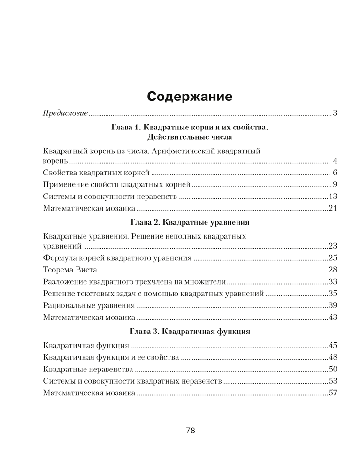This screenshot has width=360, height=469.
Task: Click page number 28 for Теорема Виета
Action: pos(333,270)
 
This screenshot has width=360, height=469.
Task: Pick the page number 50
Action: pos(333,369)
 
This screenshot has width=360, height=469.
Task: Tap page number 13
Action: pos(333,197)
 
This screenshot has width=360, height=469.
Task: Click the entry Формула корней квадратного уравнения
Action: pos(117,257)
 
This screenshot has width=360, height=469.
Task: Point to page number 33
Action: pos(333,282)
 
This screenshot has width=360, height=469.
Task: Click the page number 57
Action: pos(333,393)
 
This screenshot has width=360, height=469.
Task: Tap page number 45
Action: pos(333,346)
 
